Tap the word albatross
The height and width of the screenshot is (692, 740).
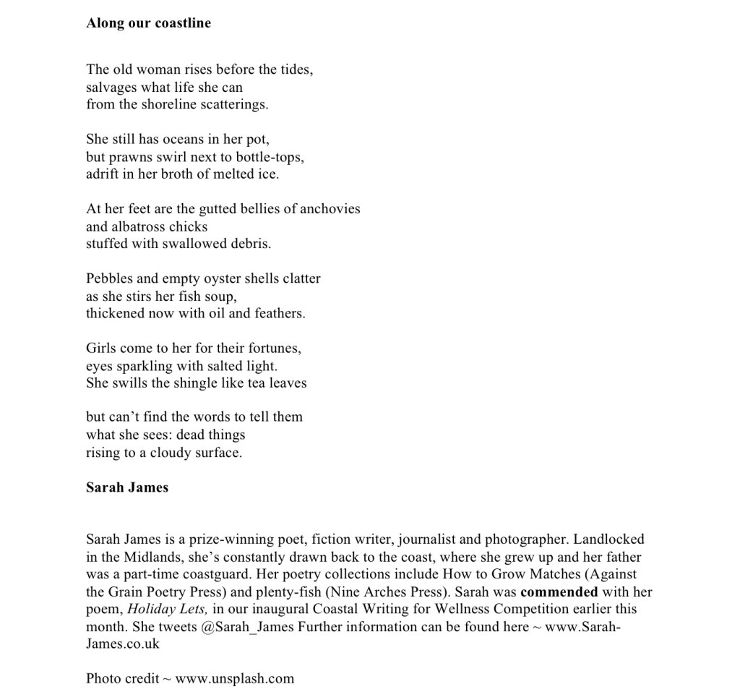tap(139, 226)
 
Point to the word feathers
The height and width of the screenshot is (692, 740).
tap(278, 313)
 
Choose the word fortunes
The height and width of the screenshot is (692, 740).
tap(272, 348)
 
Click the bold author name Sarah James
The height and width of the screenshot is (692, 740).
tap(127, 487)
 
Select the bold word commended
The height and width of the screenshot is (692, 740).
tap(559, 592)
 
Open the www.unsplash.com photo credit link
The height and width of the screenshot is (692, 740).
tap(235, 678)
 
